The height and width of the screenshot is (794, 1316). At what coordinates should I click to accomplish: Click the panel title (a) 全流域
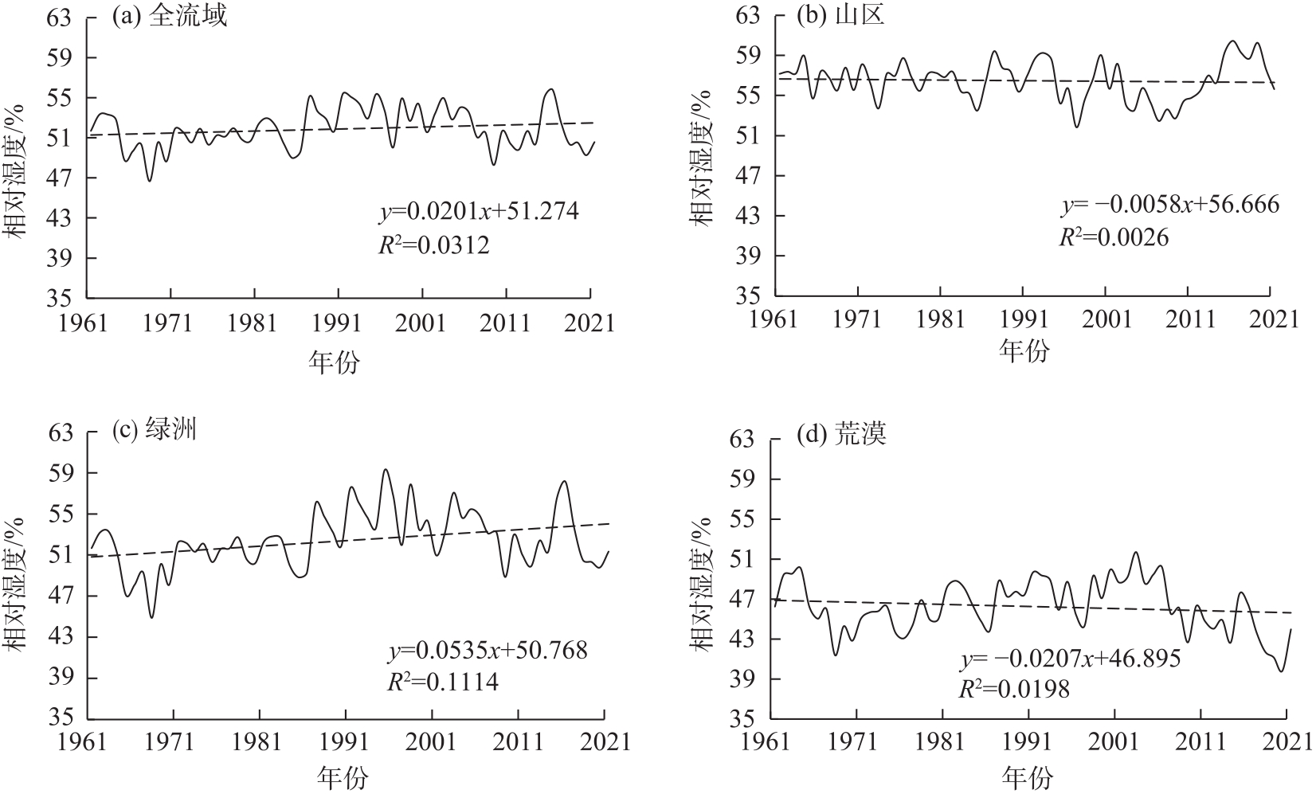(x=169, y=17)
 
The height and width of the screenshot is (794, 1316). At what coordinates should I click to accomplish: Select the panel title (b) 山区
(x=840, y=17)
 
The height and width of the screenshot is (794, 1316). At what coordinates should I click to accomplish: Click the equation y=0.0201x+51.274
(x=478, y=212)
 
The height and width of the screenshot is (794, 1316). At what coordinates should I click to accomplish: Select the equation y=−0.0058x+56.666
(x=1169, y=205)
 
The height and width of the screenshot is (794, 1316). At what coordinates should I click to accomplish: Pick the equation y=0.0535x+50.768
(x=488, y=651)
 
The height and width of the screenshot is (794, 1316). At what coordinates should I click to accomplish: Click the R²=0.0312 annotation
(x=433, y=245)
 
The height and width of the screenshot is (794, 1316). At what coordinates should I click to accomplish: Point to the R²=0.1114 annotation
(x=442, y=683)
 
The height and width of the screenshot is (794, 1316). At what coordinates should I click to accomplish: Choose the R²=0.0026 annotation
(x=1113, y=237)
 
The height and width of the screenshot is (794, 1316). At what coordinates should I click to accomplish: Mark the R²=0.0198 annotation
(x=1013, y=690)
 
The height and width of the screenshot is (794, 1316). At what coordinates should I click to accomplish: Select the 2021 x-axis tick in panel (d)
(x=1286, y=743)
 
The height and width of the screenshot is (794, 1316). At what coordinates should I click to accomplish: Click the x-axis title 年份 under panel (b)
(x=1025, y=351)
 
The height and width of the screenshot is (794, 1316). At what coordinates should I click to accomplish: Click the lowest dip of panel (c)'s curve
(x=151, y=617)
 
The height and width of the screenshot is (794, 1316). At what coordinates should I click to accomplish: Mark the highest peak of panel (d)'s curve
(x=1136, y=552)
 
